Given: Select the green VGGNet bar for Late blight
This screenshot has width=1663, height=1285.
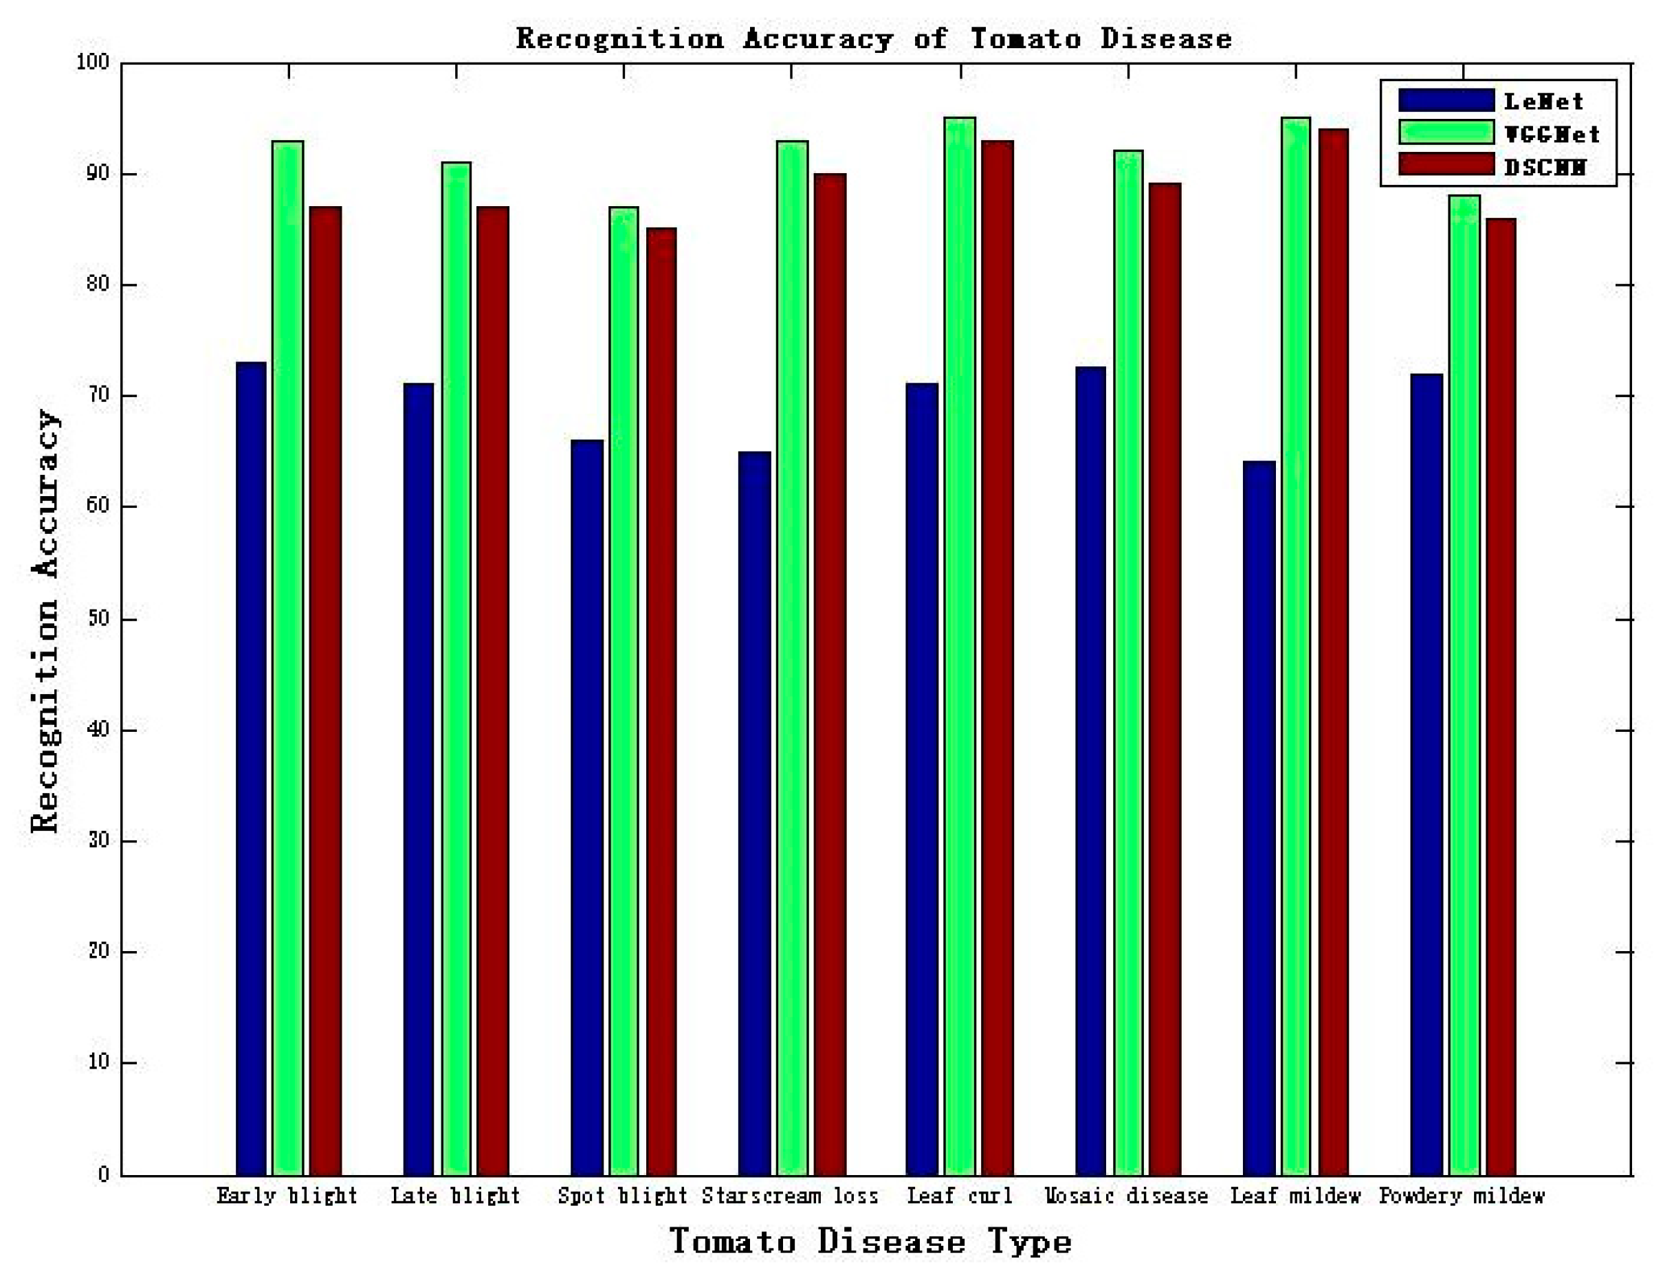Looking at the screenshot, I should click(x=456, y=670).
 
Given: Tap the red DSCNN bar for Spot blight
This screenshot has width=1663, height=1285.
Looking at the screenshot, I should click(x=661, y=700).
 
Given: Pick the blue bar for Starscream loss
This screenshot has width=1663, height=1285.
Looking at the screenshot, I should click(x=754, y=814).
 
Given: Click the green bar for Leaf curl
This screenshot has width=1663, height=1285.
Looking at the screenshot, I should click(x=960, y=647).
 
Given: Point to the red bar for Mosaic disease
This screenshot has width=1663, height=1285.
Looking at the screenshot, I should click(x=1165, y=678).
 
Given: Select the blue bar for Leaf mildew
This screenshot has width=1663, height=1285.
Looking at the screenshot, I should click(x=1259, y=818).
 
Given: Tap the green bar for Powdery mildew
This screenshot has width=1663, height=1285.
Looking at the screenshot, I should click(x=1464, y=685).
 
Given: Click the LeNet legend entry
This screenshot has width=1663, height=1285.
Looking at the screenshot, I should click(x=1543, y=101).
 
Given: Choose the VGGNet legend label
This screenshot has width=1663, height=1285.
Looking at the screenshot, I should click(x=1552, y=134).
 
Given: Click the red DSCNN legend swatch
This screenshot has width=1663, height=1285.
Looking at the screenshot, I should click(x=1446, y=164).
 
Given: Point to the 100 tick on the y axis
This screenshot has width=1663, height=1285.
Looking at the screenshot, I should click(x=93, y=63).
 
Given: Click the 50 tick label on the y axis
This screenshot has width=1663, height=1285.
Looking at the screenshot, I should click(x=99, y=619).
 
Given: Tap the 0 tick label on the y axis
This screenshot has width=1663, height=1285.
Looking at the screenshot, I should click(x=104, y=1174).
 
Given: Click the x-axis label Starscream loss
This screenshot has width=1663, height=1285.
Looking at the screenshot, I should click(x=790, y=1196).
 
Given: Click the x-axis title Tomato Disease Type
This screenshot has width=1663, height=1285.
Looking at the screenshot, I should click(x=870, y=1242).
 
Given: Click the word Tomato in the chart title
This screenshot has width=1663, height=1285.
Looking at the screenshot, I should click(x=1025, y=38).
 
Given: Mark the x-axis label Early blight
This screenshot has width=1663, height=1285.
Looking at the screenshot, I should click(x=287, y=1196).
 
